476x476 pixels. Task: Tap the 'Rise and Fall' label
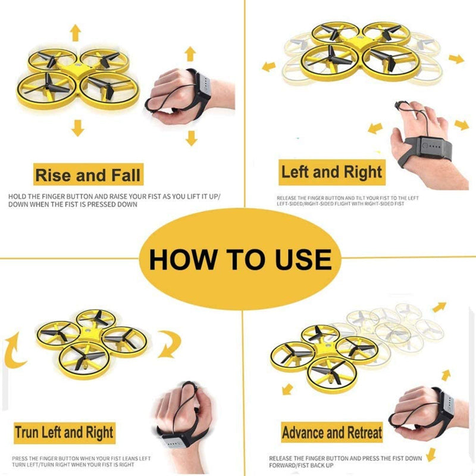[x=88, y=176]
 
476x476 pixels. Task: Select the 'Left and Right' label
[x=331, y=173]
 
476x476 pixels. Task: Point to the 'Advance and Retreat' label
[x=331, y=433]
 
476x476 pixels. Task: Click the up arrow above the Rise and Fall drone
[x=76, y=32]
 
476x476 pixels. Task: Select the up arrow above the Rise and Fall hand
[x=190, y=54]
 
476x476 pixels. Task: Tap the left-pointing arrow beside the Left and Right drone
[x=270, y=66]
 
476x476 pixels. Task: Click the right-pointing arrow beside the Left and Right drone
[x=456, y=58]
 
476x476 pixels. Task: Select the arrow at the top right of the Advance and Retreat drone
[x=439, y=307]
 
